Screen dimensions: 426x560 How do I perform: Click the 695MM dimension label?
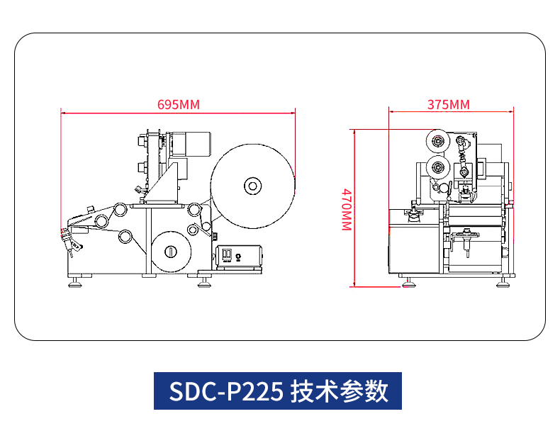(x=178, y=104)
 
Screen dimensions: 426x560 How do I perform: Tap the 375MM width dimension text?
(x=448, y=104)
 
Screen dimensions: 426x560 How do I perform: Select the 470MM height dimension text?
(x=346, y=209)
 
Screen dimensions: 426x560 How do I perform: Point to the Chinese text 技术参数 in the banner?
(x=339, y=391)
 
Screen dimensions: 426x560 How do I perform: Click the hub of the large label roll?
(x=252, y=186)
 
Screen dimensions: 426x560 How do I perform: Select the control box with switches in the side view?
(x=240, y=255)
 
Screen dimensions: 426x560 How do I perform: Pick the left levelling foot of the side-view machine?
(x=74, y=283)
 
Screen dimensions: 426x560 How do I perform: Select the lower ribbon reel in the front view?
(x=437, y=169)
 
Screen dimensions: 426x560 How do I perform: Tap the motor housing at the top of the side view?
(x=196, y=144)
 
